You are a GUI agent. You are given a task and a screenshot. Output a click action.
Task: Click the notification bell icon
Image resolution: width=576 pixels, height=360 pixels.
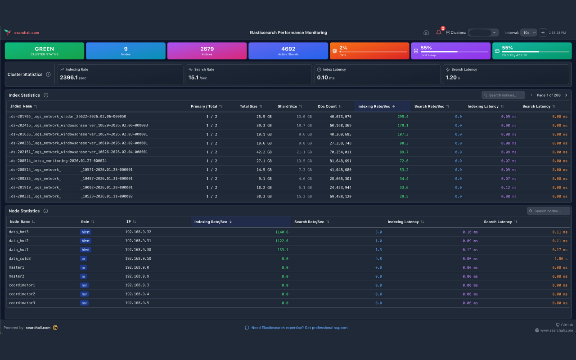pos(439,32)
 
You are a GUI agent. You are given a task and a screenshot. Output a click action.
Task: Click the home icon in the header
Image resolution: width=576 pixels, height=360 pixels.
pos(426,32)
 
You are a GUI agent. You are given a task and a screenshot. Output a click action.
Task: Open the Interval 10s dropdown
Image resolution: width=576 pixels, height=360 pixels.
pos(528,32)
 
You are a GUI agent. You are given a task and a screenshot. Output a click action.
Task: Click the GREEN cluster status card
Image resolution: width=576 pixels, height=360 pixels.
pos(45,51)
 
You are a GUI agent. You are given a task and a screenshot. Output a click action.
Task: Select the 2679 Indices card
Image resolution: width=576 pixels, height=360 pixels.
pos(207,51)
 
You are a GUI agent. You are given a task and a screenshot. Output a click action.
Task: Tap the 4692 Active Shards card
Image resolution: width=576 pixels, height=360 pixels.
pos(288,51)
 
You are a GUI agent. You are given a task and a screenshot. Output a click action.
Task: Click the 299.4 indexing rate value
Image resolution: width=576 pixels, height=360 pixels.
pos(403,117)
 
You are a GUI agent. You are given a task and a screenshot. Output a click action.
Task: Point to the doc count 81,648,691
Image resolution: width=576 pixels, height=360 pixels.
pos(341,161)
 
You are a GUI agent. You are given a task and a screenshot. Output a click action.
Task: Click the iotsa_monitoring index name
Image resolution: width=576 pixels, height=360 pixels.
pos(58,161)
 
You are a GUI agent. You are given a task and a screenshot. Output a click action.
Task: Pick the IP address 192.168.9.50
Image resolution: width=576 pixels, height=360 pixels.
pos(138,258)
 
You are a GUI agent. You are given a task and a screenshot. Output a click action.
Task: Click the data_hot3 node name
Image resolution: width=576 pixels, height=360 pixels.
pos(19,232)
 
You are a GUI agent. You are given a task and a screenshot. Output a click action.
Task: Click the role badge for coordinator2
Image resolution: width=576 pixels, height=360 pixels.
pos(84,294)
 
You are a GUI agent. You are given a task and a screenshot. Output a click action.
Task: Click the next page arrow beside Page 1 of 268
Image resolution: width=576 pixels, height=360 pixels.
pos(566,95)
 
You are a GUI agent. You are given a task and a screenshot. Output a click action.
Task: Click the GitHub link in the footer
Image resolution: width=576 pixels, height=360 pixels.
pos(565,325)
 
